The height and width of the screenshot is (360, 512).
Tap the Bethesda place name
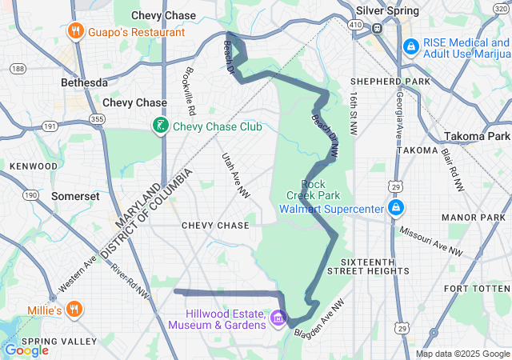click(84, 82)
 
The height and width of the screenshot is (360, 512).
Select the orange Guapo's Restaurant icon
click(75, 32)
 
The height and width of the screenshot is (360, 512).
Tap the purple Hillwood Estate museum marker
click(278, 318)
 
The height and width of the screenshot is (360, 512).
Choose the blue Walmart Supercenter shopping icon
click(394, 209)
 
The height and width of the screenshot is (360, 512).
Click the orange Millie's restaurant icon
click(74, 309)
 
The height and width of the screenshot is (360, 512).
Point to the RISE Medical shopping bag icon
click(411, 47)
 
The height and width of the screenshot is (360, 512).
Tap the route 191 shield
click(50, 126)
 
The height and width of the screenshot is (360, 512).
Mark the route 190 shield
click(30, 194)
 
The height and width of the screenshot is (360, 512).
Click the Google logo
click(26, 350)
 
